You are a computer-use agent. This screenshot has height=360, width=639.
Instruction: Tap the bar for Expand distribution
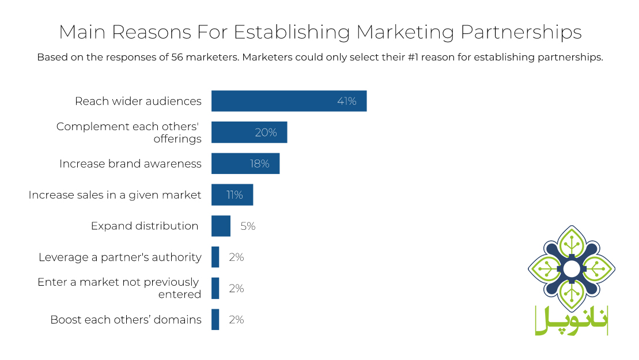coord(221,226)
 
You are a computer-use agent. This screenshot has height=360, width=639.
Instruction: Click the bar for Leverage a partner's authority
coord(215,257)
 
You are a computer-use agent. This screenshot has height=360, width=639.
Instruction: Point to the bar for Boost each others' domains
coord(215,319)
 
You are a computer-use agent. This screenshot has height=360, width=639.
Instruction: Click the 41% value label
coord(347,101)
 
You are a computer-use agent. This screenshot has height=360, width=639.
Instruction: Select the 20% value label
coord(266,132)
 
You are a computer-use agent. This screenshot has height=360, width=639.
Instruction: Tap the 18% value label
coord(259,164)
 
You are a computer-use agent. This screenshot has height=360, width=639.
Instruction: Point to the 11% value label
coord(235,195)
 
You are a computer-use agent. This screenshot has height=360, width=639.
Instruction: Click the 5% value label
coord(248,226)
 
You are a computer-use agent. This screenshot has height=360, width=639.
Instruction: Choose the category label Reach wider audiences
coord(138,101)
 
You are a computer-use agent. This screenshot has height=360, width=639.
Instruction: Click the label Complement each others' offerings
coord(129,132)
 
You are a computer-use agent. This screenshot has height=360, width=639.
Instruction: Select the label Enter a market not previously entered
coord(119,288)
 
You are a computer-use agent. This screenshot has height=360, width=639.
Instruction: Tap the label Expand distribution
coord(145,226)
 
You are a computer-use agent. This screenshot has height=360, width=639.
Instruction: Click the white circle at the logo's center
coord(572,268)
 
